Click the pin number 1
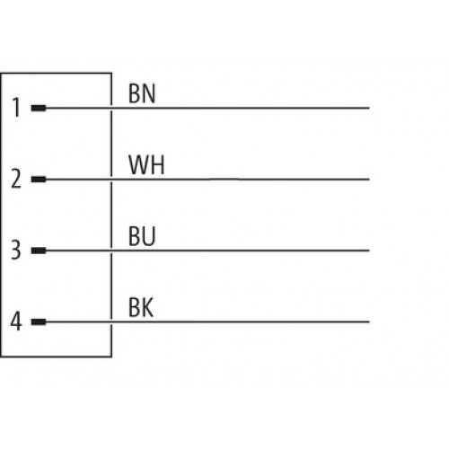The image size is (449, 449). pyautogui.click(x=17, y=108)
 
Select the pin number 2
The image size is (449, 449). pyautogui.click(x=16, y=179)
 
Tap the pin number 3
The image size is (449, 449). pyautogui.click(x=16, y=250)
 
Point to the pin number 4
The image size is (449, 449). pyautogui.click(x=16, y=321)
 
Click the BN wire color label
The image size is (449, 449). pyautogui.click(x=142, y=93)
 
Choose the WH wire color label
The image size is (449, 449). pyautogui.click(x=146, y=165)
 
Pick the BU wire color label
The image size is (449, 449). pyautogui.click(x=142, y=236)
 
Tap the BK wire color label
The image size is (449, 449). pyautogui.click(x=141, y=307)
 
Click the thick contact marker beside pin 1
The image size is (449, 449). pyautogui.click(x=39, y=108)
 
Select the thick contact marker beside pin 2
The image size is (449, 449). pyautogui.click(x=39, y=180)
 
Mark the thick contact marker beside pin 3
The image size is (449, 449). pyautogui.click(x=39, y=251)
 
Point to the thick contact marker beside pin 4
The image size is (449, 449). pyautogui.click(x=39, y=321)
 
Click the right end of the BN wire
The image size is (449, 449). pyautogui.click(x=369, y=108)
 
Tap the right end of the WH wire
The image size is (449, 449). pyautogui.click(x=369, y=180)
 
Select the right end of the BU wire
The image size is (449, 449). pyautogui.click(x=369, y=251)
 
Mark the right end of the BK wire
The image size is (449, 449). pyautogui.click(x=369, y=321)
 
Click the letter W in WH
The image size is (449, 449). pyautogui.click(x=140, y=165)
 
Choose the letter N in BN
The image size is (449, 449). pyautogui.click(x=149, y=93)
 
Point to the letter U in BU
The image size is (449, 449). pyautogui.click(x=149, y=236)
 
